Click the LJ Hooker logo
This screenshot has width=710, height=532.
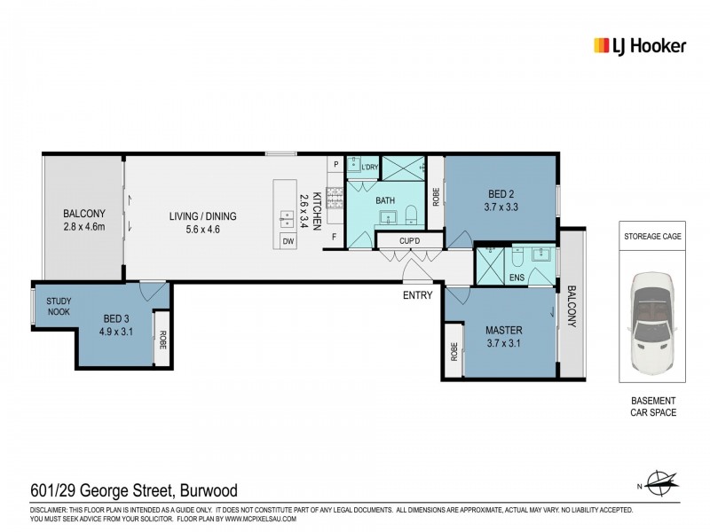tap(638, 45)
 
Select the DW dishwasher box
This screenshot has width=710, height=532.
tap(288, 240)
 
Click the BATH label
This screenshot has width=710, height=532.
tap(385, 200)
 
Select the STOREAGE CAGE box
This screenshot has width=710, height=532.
tap(651, 237)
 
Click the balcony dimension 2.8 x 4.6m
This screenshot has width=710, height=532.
tap(84, 226)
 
